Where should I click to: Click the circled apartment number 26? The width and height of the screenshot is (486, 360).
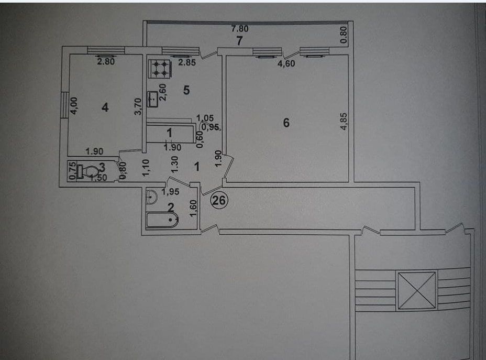[219, 200]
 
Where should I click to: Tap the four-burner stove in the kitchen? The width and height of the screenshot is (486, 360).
[160, 69]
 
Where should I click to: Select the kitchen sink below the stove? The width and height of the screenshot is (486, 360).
[152, 99]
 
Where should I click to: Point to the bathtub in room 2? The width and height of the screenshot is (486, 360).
[162, 220]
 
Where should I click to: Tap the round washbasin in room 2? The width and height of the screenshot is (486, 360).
[151, 197]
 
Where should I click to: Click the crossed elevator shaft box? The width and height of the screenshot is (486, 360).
[416, 290]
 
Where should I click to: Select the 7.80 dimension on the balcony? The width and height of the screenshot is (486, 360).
[240, 28]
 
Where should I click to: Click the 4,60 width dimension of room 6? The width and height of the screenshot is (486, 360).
[286, 63]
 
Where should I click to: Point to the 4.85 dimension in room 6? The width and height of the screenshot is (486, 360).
[344, 121]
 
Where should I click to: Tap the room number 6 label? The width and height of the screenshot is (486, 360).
[286, 123]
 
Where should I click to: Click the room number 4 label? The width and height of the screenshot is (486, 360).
[105, 107]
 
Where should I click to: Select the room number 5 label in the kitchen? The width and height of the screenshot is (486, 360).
[186, 90]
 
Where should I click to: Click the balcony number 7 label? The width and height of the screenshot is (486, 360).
[239, 41]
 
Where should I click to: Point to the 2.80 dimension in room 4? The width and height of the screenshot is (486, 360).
[106, 61]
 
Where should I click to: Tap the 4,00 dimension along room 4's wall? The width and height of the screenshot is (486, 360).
[74, 106]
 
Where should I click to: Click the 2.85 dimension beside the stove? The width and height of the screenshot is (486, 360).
[187, 62]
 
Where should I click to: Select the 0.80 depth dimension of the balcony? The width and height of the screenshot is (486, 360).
[344, 35]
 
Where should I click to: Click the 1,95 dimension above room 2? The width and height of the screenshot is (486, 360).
[170, 192]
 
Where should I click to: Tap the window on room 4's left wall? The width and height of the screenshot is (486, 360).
[64, 105]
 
